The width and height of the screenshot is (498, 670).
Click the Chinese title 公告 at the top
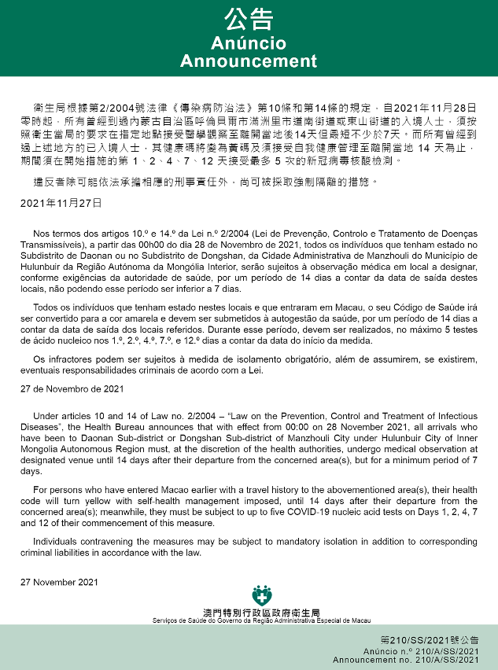[x=249, y=19]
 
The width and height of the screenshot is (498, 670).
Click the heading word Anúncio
[x=249, y=43]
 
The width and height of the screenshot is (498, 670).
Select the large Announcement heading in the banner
[x=249, y=61]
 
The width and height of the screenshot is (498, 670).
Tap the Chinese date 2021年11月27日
[x=61, y=202]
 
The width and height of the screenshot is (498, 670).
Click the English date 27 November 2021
[x=61, y=583]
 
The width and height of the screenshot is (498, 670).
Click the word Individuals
[x=57, y=542]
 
